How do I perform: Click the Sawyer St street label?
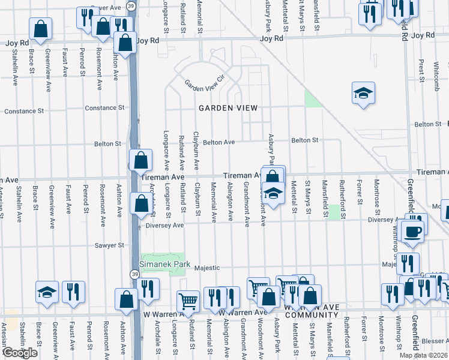(109, 245)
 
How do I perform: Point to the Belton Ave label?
(218, 143)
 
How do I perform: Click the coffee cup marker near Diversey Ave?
(412, 231)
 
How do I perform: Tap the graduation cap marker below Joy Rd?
(363, 93)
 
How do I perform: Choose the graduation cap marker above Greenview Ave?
(47, 292)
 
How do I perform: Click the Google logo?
(19, 353)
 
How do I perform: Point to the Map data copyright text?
(423, 355)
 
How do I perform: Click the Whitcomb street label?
(436, 75)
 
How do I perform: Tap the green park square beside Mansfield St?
(334, 212)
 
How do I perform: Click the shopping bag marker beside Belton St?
(140, 161)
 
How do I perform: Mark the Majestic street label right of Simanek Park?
(206, 268)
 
